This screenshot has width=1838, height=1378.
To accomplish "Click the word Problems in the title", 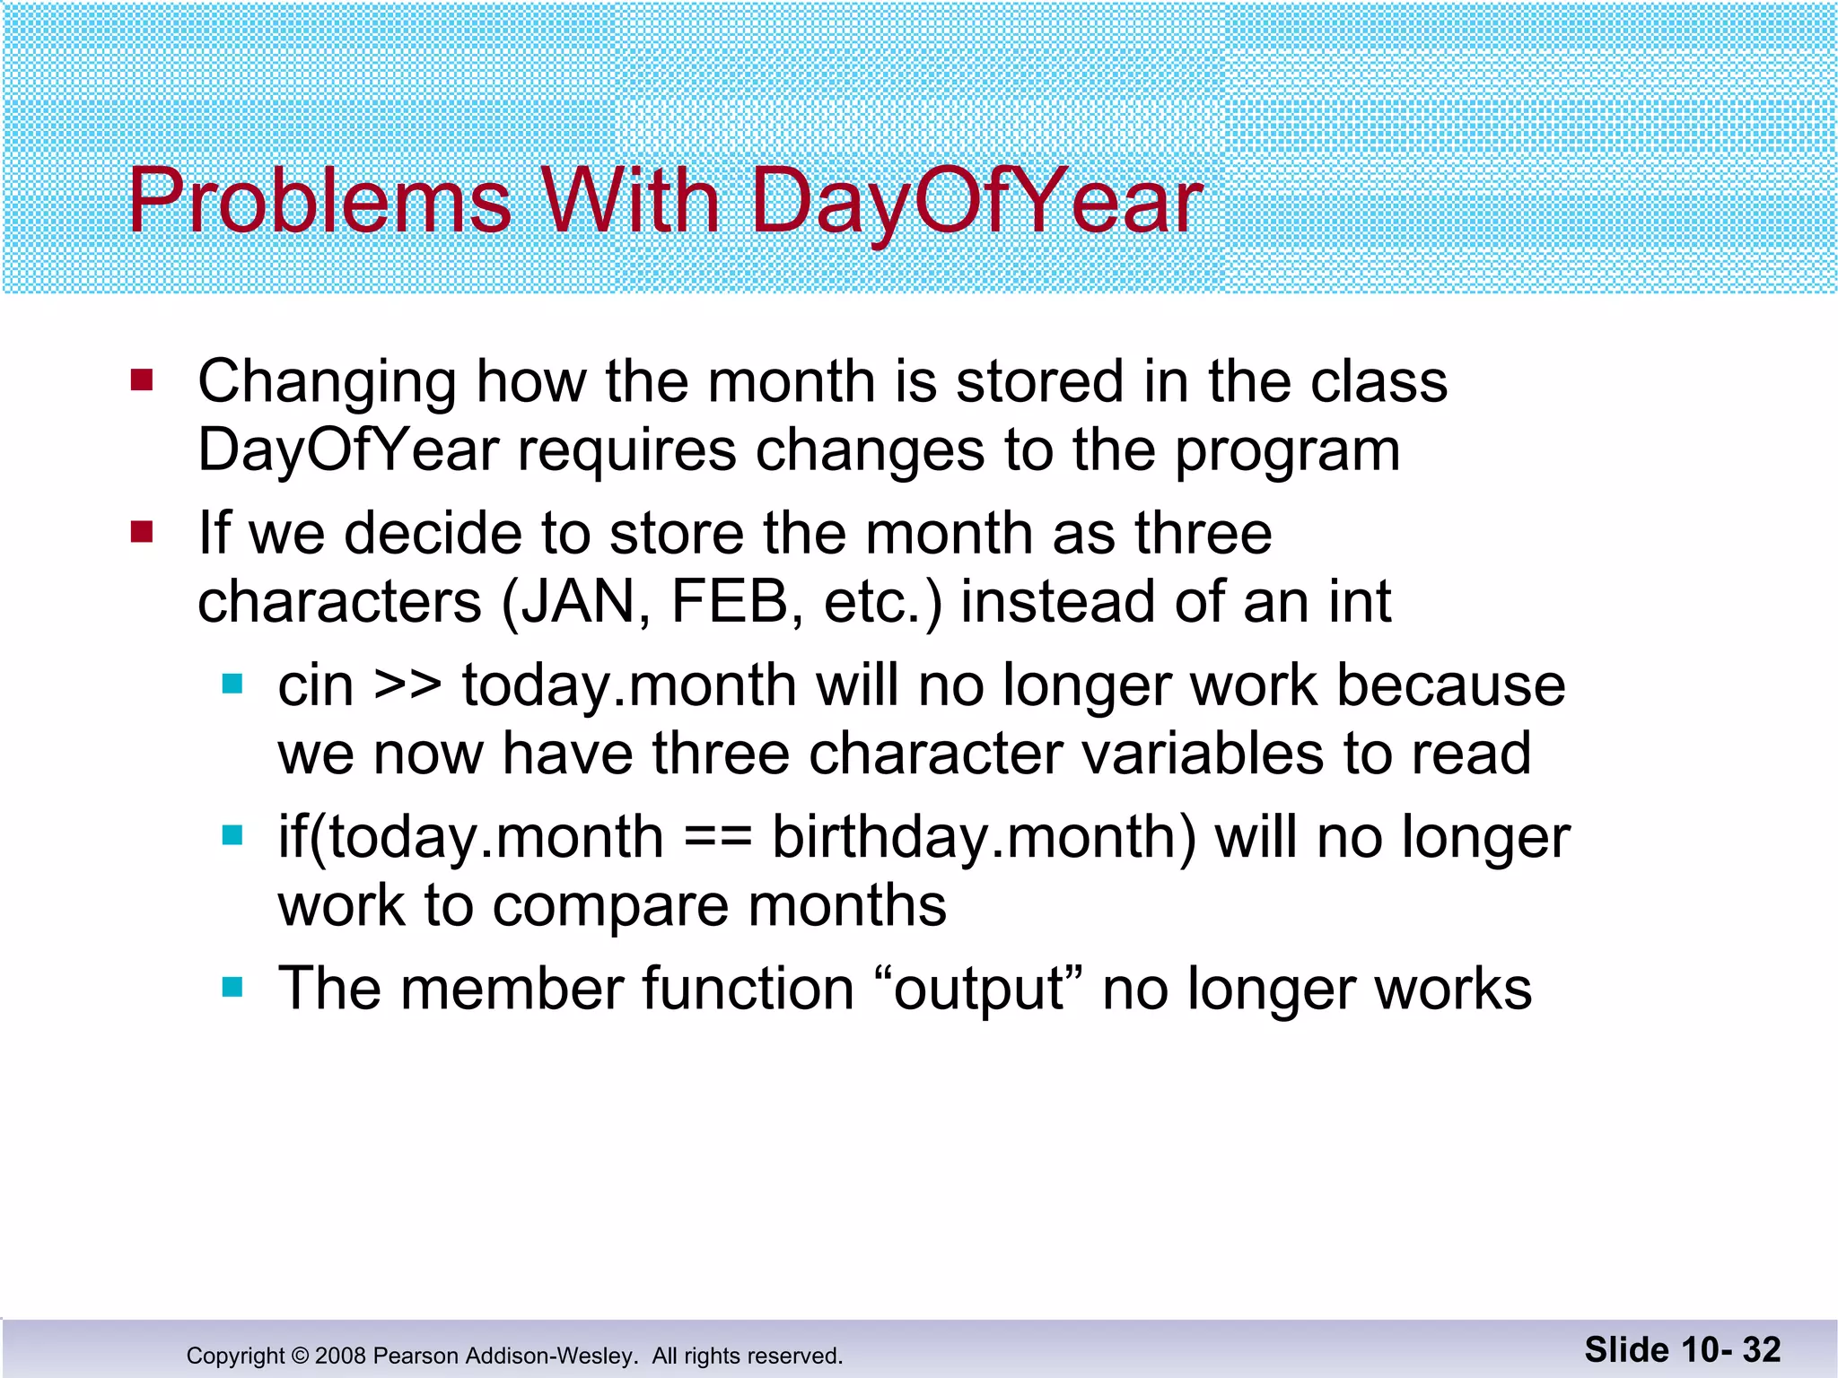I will [x=319, y=202].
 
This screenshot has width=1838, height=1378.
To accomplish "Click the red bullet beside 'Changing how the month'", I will [x=142, y=380].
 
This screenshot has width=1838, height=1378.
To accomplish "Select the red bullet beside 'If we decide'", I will [x=142, y=533].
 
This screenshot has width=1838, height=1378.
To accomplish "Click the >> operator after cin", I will [x=407, y=686].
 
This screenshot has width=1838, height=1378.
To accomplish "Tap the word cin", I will [x=315, y=686].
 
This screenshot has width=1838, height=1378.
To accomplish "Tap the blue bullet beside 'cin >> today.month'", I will [x=232, y=685].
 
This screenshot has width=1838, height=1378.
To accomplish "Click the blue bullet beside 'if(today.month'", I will [x=232, y=837].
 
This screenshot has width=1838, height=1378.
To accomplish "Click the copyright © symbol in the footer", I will [x=300, y=1356].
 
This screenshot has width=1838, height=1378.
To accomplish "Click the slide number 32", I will [x=1761, y=1350].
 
